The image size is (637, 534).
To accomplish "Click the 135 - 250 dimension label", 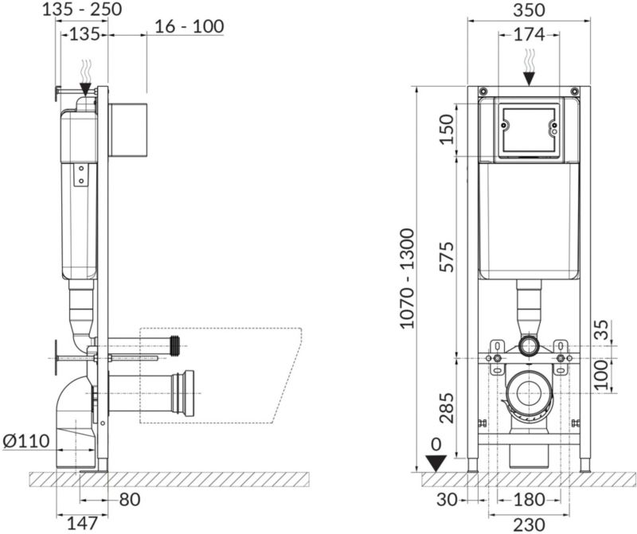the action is tap(82, 10).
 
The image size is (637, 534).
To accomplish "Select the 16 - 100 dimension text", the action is tap(190, 27).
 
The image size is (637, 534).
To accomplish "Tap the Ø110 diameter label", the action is tap(26, 441).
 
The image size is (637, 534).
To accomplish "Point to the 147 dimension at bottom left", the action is tap(82, 524).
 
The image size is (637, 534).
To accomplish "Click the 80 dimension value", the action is tap(130, 500).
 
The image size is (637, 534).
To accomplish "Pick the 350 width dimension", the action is tap(529, 10).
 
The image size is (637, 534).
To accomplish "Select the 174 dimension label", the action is tap(529, 35).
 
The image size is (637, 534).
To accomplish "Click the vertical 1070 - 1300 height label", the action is tap(408, 279).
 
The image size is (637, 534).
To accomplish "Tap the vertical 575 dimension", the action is tap(447, 257).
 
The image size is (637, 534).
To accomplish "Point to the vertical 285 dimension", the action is tap(447, 407).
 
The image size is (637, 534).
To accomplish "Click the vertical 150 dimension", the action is tap(447, 130).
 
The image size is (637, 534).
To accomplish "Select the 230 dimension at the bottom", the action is tap(529, 524).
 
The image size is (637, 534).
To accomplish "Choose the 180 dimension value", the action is tap(529, 500).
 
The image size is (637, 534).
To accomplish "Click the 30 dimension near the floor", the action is tap(447, 500).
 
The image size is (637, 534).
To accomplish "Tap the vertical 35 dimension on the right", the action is tap(603, 329).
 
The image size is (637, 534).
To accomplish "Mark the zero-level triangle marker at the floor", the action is tap(436, 463).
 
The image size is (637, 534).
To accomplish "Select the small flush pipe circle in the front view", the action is tap(529, 346).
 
